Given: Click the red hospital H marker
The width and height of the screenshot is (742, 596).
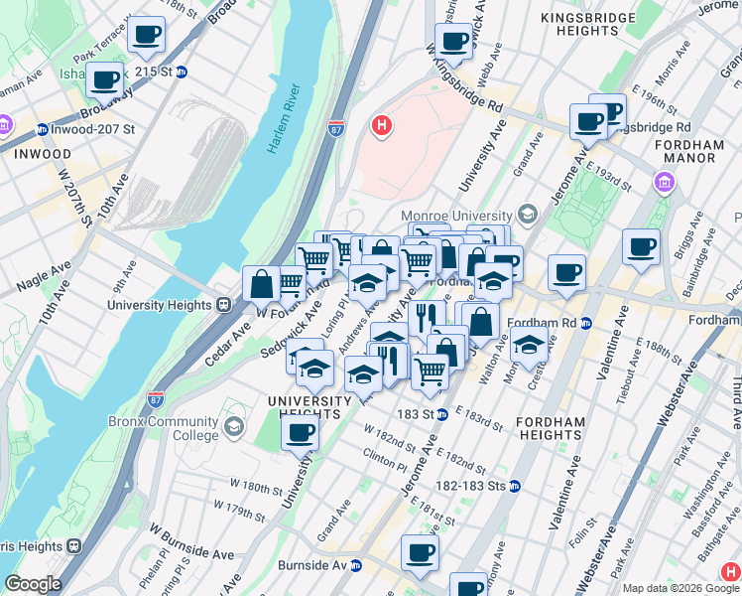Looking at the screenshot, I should [x=381, y=126].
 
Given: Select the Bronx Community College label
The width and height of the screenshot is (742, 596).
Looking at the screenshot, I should [x=164, y=428].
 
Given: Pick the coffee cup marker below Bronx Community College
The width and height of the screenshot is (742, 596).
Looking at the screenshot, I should [x=300, y=433].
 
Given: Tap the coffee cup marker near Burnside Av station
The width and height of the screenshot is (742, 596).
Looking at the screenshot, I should [x=419, y=551].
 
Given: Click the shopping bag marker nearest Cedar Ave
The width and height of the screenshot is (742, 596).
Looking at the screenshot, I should [x=261, y=284].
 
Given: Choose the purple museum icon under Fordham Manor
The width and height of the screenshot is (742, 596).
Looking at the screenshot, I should [x=663, y=183].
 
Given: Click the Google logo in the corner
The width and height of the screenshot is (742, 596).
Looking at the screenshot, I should [x=33, y=584].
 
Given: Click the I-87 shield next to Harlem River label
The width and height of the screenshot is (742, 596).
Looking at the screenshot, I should [x=337, y=128].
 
